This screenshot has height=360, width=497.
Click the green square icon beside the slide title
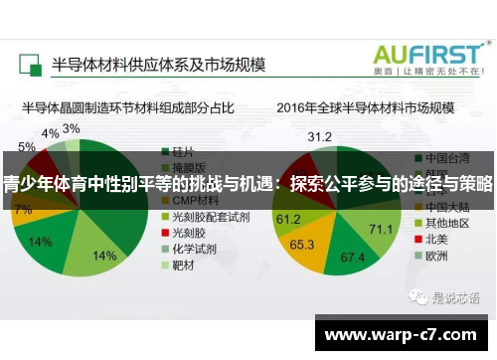coord(29,65)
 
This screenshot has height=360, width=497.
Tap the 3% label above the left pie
coord(72,129)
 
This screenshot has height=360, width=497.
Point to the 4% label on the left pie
coord(50,133)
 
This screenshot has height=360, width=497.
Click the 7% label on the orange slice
coord(22,210)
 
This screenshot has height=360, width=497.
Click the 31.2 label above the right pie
coord(319,136)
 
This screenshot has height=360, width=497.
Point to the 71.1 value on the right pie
coord(382,230)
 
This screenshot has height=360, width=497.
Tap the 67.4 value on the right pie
coord(353,257)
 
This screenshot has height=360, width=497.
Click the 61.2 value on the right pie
coord(288,218)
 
